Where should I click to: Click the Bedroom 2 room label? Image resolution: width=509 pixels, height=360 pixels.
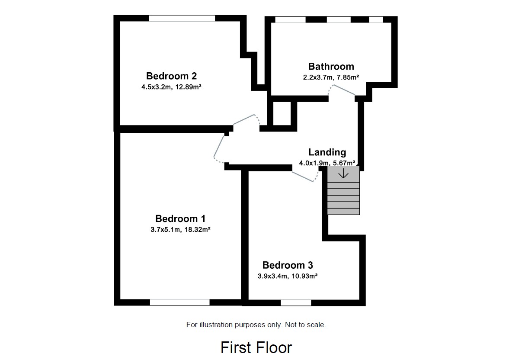(171, 76)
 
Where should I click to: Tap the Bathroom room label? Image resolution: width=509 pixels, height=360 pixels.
(331, 66)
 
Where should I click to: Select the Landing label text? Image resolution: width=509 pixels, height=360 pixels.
(327, 152)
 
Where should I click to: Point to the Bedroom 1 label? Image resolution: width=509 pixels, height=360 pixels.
(180, 219)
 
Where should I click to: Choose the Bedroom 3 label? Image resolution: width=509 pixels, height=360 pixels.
(288, 265)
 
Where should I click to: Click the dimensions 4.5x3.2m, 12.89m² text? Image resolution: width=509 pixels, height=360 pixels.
(172, 87)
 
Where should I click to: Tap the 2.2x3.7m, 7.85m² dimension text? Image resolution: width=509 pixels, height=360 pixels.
(331, 77)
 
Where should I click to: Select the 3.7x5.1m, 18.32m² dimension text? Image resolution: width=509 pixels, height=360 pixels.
(180, 230)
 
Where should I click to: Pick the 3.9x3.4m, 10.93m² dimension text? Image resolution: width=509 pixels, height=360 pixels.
(288, 276)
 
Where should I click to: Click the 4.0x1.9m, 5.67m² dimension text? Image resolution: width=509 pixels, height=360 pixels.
(327, 163)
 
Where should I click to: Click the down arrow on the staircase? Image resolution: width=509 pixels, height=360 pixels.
(343, 174)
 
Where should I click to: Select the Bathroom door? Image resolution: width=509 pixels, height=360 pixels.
(342, 89)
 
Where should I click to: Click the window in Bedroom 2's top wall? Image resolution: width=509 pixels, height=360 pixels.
(182, 18)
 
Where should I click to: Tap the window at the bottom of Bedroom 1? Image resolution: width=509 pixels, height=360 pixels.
(179, 302)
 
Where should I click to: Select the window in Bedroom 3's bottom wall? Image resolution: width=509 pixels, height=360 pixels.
(296, 302)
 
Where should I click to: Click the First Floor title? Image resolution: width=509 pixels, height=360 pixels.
(256, 347)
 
